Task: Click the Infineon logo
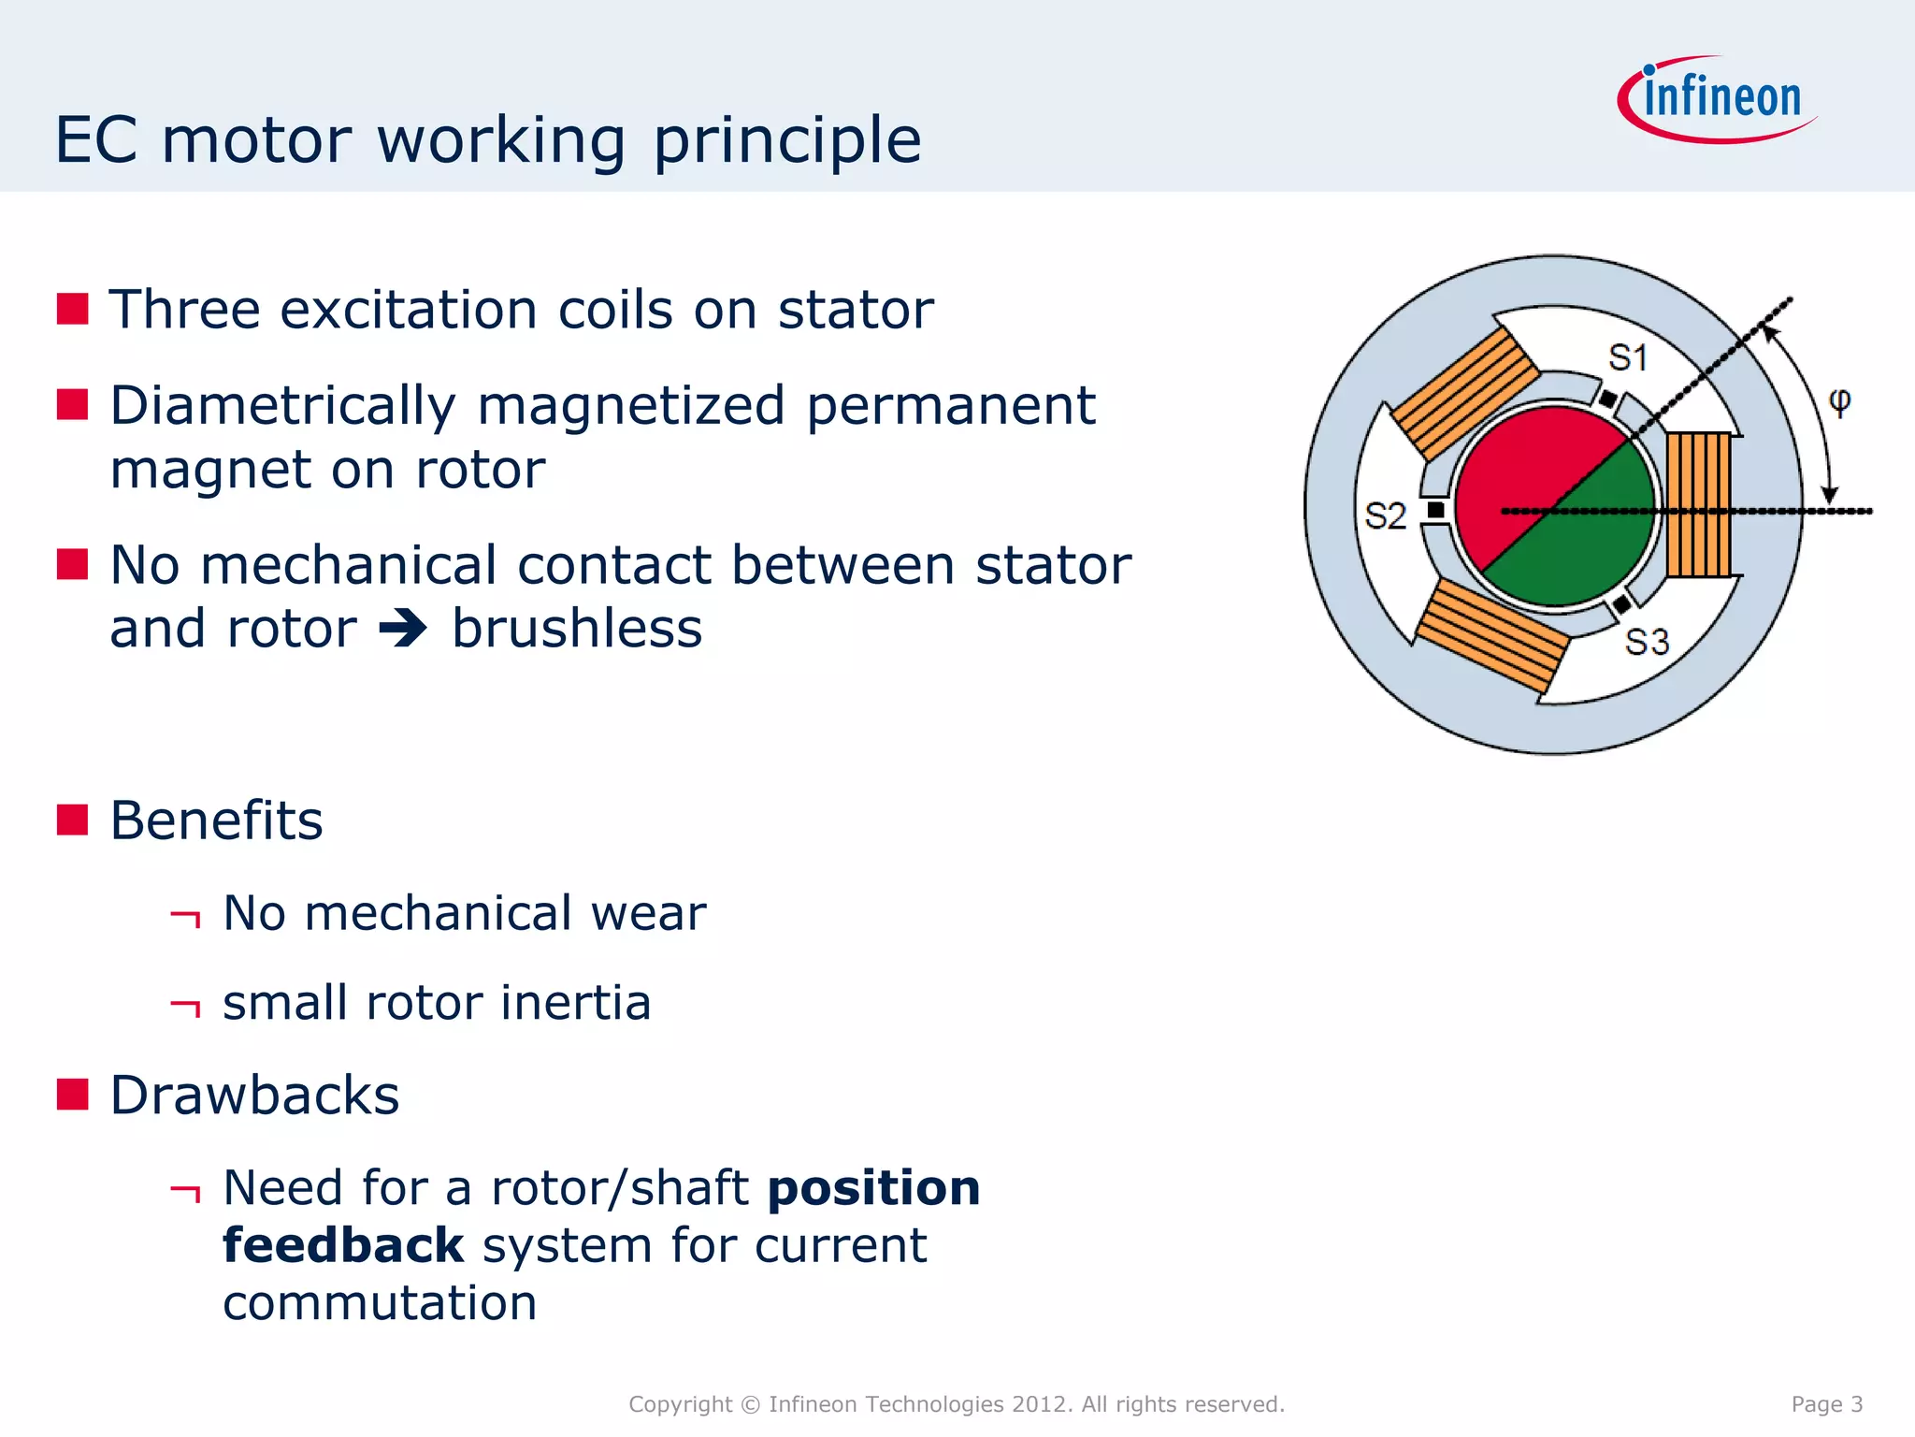(1719, 99)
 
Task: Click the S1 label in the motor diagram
(1627, 357)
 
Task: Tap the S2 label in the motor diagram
(1385, 515)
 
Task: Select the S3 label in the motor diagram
(1647, 642)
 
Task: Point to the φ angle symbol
(1838, 401)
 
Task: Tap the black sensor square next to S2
(1435, 510)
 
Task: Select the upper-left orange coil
(1465, 393)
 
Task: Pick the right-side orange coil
(1699, 504)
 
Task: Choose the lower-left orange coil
(1492, 634)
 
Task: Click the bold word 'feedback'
(343, 1246)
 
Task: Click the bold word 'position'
(873, 1188)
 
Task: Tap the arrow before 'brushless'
(403, 629)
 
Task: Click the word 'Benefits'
(216, 820)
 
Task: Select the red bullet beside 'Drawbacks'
(72, 1094)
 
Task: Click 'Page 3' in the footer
(1826, 1403)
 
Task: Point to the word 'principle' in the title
(786, 140)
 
